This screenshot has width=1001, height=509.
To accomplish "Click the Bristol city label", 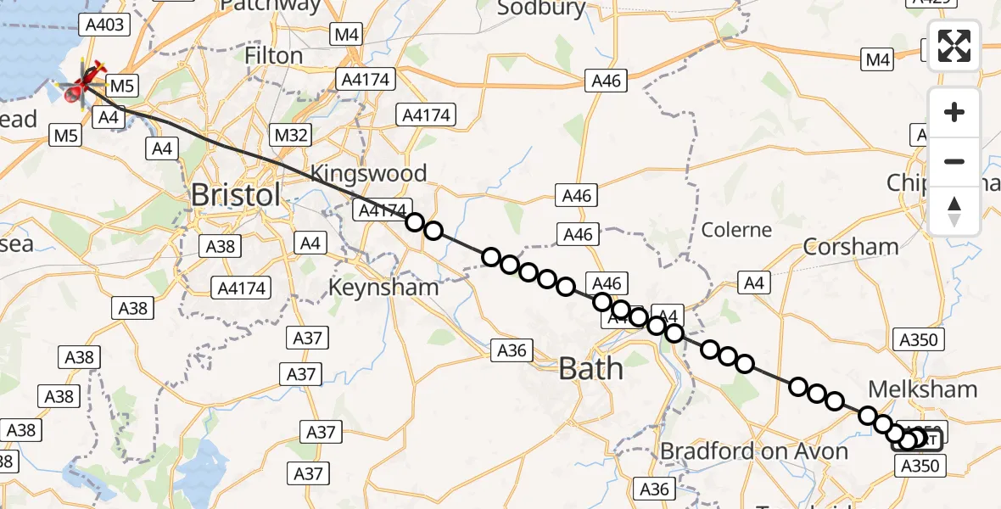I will coord(235,194).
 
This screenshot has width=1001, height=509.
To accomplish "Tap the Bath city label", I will coord(590,368).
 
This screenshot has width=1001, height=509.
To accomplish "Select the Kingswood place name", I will coord(368,174).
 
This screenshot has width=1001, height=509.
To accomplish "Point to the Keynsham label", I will coord(383,287).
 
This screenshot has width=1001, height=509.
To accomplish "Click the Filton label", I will coord(273,56).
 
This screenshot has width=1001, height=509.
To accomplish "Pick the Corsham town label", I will coord(851,247).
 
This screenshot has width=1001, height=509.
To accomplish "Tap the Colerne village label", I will coord(736,230).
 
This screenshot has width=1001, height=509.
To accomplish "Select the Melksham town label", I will coord(923,389).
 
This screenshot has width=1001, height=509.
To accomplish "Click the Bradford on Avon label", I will coord(754,450).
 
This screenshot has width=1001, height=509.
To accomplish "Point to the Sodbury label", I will coord(541,8).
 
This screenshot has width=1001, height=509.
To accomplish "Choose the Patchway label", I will coord(271,6).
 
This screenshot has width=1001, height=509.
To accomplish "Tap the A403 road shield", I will coord(106,25).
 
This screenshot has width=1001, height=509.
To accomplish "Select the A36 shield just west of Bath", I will coord(512,350).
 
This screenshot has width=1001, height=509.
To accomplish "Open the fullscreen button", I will coord(954,46).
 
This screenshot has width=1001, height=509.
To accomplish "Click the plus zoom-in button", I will coord(954,112).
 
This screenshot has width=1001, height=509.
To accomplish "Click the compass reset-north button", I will coord(954,210).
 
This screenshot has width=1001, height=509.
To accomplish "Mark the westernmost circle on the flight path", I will coord(414,222).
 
